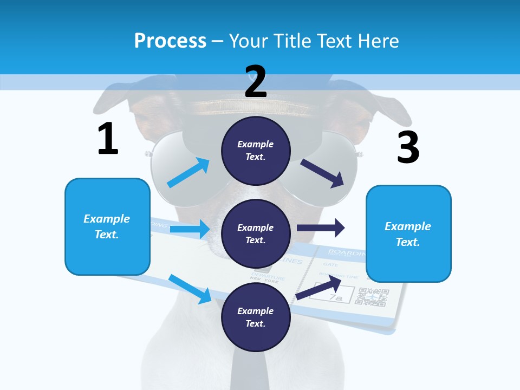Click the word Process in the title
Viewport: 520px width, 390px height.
click(170, 41)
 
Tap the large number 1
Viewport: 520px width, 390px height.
click(108, 139)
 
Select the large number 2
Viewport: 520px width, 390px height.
click(256, 81)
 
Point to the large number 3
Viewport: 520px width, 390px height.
click(408, 147)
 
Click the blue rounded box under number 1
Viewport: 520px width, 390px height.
click(107, 226)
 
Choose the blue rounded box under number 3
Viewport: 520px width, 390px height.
click(408, 233)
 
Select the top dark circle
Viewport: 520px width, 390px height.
click(256, 150)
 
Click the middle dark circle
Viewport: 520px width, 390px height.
click(256, 233)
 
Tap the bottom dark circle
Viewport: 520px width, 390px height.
click(256, 317)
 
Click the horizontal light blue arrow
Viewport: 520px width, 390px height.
click(190, 229)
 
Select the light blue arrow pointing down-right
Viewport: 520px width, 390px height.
click(190, 289)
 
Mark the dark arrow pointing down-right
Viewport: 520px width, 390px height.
click(323, 173)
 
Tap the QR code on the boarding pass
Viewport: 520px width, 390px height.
click(374, 297)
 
